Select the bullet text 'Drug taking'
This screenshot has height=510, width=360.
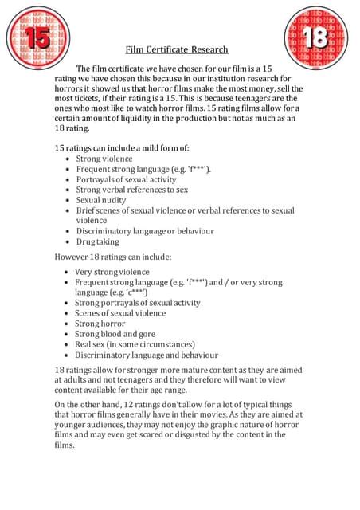point(97,241)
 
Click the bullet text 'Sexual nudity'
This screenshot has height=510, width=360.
point(100,200)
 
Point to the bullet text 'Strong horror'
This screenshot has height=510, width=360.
point(101,324)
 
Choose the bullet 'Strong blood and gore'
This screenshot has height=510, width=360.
point(115,334)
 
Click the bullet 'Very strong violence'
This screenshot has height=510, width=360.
point(112,272)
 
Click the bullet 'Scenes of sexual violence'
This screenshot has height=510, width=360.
point(120,313)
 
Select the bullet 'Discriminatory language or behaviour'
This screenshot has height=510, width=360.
point(145,231)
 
